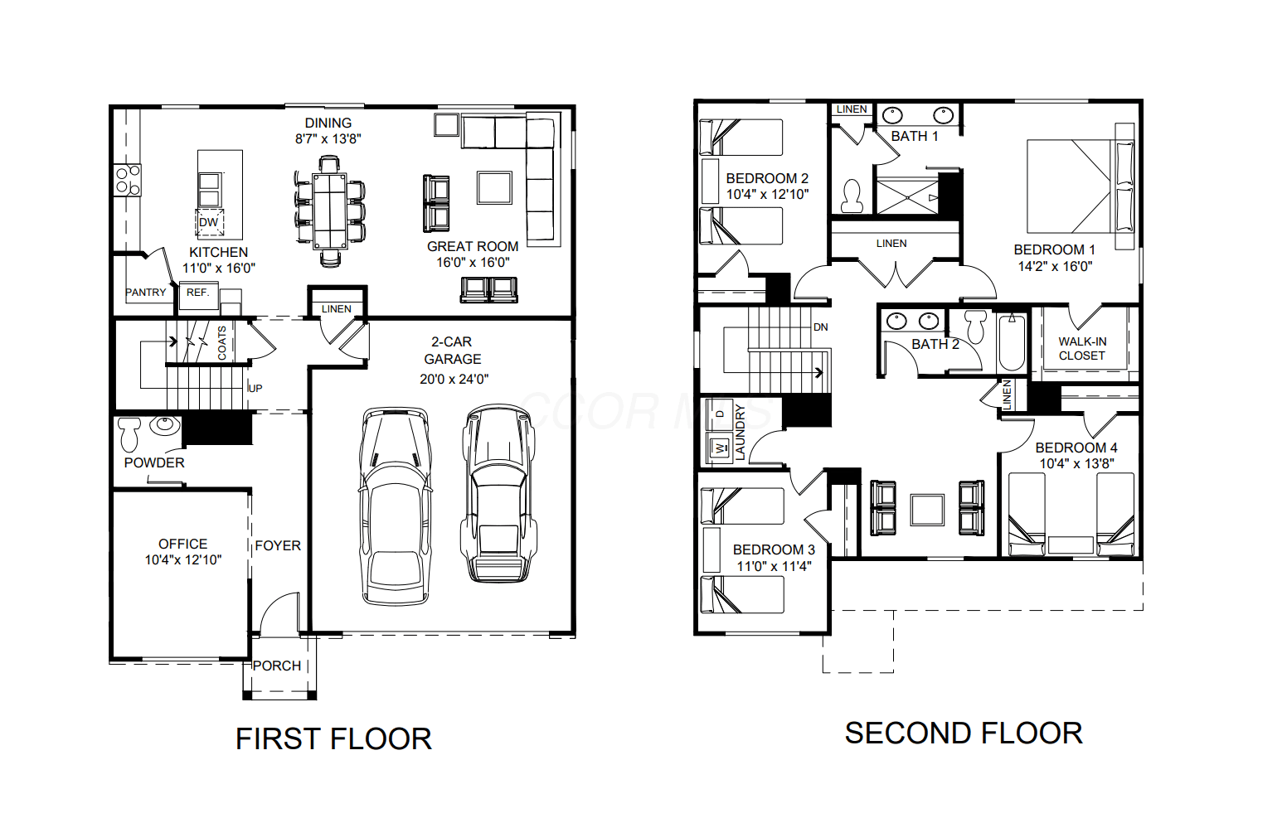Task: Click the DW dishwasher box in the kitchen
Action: [209, 223]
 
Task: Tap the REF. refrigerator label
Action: [197, 293]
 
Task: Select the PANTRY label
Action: [146, 293]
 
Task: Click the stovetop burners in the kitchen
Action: [128, 180]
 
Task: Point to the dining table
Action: [330, 211]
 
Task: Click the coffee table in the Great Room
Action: [494, 187]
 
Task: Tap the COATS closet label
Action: [221, 343]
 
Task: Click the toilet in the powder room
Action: [129, 434]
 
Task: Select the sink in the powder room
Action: [165, 425]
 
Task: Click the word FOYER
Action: [278, 545]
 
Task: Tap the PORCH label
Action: [277, 666]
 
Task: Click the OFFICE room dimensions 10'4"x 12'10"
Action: [183, 559]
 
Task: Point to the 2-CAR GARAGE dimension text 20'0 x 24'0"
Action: [454, 379]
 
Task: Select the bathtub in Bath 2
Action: [1012, 342]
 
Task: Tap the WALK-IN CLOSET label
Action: [1082, 348]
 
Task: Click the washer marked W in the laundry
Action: [719, 448]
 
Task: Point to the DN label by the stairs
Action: [820, 327]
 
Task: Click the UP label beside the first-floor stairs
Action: [255, 389]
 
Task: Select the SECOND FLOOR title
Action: [964, 733]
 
